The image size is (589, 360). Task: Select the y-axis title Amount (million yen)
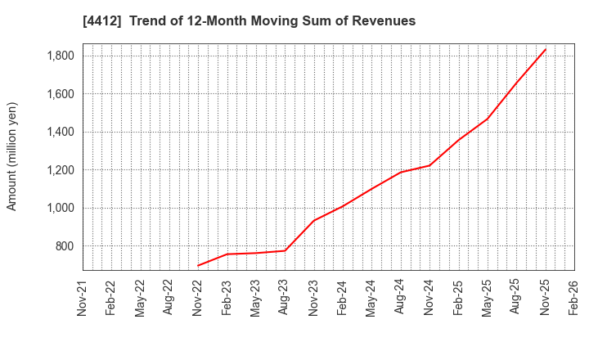[12, 156]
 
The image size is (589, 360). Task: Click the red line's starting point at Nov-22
[198, 266]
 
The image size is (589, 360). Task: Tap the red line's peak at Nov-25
[546, 48]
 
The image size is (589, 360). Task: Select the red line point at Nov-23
[314, 220]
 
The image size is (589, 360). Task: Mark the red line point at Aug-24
[401, 172]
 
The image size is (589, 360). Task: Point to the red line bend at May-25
[488, 119]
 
